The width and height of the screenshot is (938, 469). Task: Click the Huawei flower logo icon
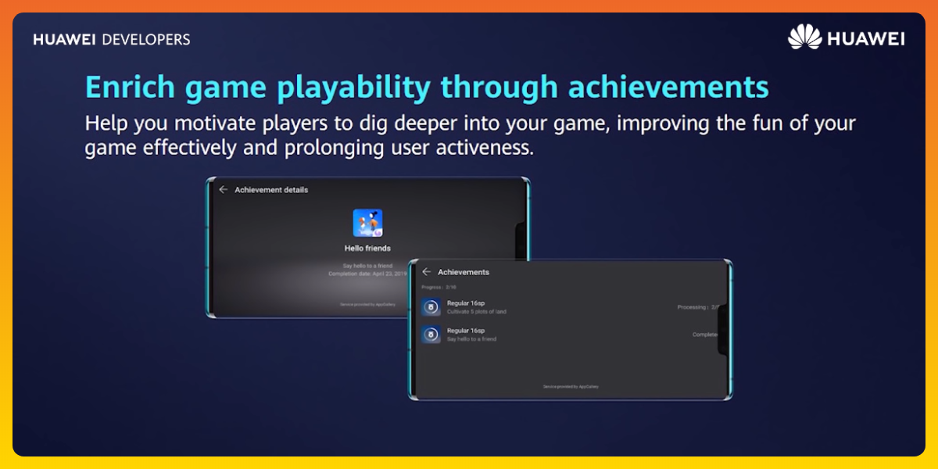coord(804,37)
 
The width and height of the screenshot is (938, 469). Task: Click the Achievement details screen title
coord(271,190)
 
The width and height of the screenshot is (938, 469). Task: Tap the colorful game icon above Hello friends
coord(367,224)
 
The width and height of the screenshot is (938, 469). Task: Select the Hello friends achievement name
coord(367,249)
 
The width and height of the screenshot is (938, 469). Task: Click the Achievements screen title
coord(464,272)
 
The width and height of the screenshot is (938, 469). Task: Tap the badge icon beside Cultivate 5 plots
coord(431,307)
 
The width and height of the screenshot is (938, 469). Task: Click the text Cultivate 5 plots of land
coord(477,312)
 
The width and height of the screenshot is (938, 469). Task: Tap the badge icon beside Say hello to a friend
coord(431,335)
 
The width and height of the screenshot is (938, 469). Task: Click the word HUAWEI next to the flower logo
coord(865,38)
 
